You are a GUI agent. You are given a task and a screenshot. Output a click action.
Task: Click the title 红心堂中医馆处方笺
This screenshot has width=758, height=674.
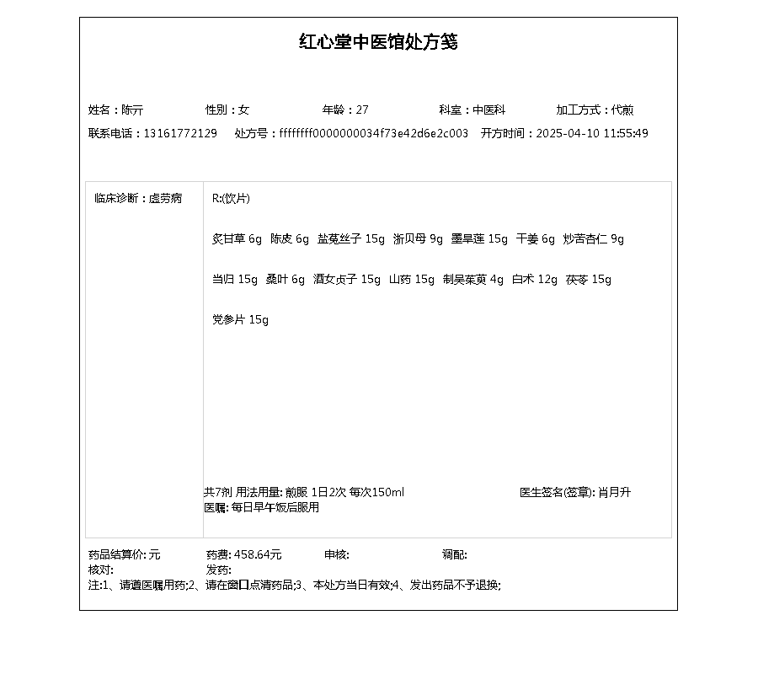click(378, 42)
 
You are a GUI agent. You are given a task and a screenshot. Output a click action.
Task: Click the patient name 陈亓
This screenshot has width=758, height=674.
click(132, 110)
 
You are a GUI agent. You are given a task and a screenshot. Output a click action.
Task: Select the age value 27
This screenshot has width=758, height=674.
click(362, 110)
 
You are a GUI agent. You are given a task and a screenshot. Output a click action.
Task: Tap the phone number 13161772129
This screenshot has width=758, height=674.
click(180, 133)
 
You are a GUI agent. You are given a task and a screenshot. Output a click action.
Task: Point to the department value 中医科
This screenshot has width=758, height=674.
click(488, 110)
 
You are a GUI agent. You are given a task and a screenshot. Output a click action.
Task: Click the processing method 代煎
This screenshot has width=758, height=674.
click(622, 110)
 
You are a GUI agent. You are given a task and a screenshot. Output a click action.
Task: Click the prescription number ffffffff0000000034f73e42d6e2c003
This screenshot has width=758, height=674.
click(374, 133)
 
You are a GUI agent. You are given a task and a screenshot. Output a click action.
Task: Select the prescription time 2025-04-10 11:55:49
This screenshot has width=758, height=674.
click(592, 133)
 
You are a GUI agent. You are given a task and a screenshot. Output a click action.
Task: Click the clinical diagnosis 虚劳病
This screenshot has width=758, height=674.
click(165, 199)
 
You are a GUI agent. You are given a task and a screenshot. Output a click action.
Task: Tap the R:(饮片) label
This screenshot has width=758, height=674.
click(231, 199)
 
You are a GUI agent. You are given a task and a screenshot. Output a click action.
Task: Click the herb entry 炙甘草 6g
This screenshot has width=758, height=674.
click(237, 239)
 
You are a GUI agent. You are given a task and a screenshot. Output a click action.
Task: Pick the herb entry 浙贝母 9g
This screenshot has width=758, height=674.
click(418, 239)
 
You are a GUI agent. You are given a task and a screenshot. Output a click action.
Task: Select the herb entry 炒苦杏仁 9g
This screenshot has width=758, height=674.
click(594, 239)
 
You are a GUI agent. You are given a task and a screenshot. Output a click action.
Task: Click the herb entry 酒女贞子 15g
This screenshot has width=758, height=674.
click(347, 280)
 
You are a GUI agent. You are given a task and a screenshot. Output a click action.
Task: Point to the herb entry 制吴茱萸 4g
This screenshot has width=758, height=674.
click(473, 280)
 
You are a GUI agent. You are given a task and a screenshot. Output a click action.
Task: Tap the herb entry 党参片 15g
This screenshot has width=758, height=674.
click(240, 320)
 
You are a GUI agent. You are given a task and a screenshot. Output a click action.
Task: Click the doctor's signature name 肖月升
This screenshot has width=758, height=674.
click(614, 492)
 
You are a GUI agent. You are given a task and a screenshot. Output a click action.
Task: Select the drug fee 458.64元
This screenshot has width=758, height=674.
click(258, 554)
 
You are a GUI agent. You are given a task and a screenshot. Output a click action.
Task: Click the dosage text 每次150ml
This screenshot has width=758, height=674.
click(376, 492)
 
